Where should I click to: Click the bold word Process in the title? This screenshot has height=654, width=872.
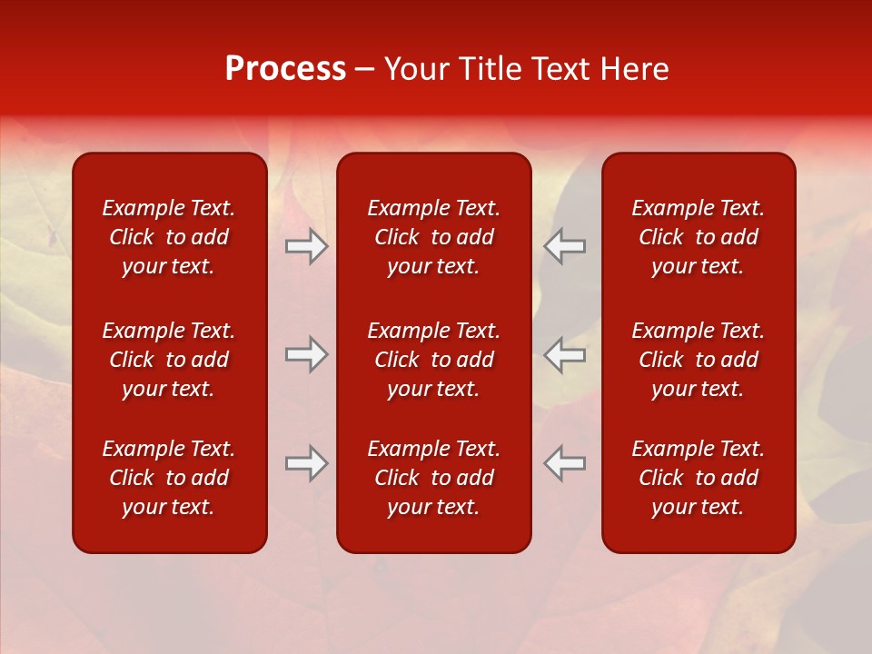click(x=285, y=69)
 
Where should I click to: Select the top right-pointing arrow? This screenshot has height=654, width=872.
click(x=306, y=246)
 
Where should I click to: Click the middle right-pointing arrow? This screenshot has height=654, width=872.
click(x=306, y=354)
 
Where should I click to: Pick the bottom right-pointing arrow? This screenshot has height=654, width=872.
click(x=306, y=463)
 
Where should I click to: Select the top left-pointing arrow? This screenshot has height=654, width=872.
click(x=565, y=246)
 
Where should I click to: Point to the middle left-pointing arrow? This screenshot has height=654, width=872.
click(x=565, y=354)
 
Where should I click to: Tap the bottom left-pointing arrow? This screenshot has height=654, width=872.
click(x=565, y=463)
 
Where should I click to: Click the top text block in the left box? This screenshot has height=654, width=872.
click(x=169, y=237)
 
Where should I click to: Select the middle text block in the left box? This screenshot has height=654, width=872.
click(x=169, y=360)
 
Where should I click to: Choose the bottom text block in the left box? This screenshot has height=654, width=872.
click(x=169, y=478)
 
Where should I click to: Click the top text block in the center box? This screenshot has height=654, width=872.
click(x=434, y=237)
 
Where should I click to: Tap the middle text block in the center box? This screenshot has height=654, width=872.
click(x=434, y=360)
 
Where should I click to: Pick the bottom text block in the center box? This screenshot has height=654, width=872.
click(x=434, y=478)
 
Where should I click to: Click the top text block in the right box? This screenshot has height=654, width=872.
click(x=699, y=237)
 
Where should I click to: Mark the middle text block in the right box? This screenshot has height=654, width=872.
click(x=699, y=360)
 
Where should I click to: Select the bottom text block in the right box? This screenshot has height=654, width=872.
click(x=699, y=478)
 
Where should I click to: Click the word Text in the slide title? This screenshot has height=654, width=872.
click(x=559, y=69)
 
